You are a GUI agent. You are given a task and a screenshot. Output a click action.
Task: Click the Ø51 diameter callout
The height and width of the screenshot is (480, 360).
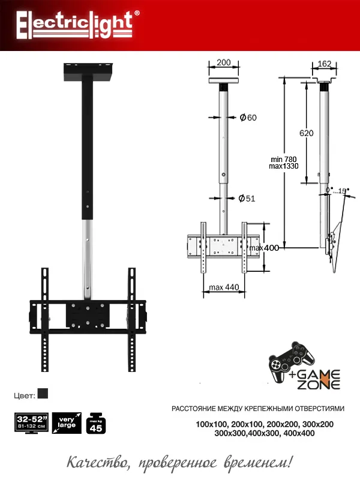pyautogui.click(x=247, y=199)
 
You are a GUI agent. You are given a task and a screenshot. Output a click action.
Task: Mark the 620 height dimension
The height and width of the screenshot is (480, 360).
pyautogui.click(x=306, y=134)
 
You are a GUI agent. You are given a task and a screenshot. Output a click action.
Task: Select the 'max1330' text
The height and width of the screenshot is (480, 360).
pyautogui.click(x=284, y=166)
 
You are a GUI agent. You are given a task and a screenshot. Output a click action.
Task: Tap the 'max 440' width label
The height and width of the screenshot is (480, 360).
pyautogui.click(x=224, y=287)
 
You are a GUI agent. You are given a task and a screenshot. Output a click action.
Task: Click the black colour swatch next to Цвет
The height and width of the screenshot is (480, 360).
pyautogui.click(x=43, y=394)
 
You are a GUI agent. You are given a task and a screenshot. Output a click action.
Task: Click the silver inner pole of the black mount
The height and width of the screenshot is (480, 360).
pyautogui.click(x=88, y=258)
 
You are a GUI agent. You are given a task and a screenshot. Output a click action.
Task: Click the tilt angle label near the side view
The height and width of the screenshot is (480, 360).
pyautogui.click(x=337, y=190)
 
